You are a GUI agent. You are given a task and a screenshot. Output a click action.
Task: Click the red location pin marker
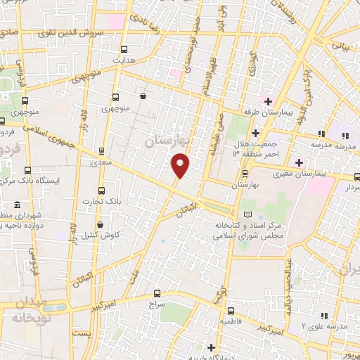tap(181, 165)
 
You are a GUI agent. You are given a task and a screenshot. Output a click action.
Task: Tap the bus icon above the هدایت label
tap(124, 49)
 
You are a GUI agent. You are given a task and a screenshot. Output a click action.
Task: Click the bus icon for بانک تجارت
tap(102, 191)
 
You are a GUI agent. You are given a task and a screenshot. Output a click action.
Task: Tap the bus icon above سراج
tap(156, 294)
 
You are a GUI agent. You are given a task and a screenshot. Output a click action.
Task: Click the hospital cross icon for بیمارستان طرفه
tap(266, 99)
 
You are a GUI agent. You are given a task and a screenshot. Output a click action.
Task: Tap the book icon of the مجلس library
tap(245, 214)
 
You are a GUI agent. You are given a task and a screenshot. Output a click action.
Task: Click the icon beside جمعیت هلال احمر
tap(256, 132)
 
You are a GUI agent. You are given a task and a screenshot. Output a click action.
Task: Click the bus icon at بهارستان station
tap(245, 173)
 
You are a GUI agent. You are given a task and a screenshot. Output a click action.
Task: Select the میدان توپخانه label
tap(28, 310)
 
